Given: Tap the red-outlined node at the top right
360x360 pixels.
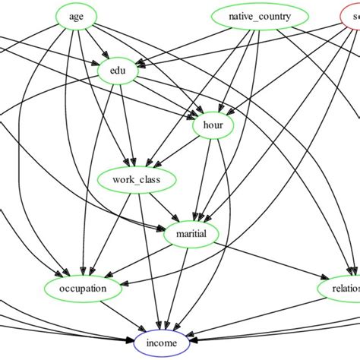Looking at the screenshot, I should point(350,17).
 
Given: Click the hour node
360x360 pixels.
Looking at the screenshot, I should point(213,125).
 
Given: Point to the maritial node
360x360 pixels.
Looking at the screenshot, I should point(191,234).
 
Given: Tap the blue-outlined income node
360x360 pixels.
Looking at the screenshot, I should point(163,343).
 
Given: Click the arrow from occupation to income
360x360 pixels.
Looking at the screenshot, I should point(122,315).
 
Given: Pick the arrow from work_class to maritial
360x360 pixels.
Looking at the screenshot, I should point(164,207).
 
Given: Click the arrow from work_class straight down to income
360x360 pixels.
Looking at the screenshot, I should point(150,258).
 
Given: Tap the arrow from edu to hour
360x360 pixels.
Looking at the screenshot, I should point(163,96).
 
